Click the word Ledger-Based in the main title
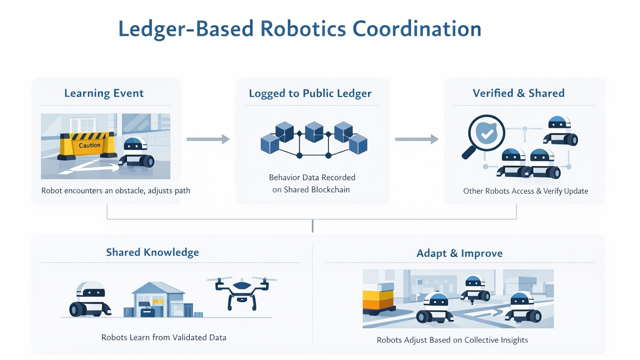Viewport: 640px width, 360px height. click(x=186, y=29)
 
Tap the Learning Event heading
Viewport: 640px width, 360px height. click(x=104, y=93)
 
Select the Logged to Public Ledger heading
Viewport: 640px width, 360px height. click(x=310, y=94)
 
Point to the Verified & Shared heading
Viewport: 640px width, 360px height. click(x=519, y=93)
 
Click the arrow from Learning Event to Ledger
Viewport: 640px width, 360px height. click(x=208, y=139)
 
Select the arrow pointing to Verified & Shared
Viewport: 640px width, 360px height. click(x=416, y=139)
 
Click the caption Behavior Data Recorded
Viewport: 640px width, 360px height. click(x=312, y=177)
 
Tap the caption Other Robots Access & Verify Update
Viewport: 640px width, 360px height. click(x=526, y=191)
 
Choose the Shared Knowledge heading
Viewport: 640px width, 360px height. click(x=152, y=252)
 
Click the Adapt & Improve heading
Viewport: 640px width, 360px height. click(x=459, y=253)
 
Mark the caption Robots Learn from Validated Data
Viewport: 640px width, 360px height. click(x=163, y=337)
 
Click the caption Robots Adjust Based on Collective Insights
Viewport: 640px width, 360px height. click(x=452, y=340)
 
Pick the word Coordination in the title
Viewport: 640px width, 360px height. click(x=417, y=29)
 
